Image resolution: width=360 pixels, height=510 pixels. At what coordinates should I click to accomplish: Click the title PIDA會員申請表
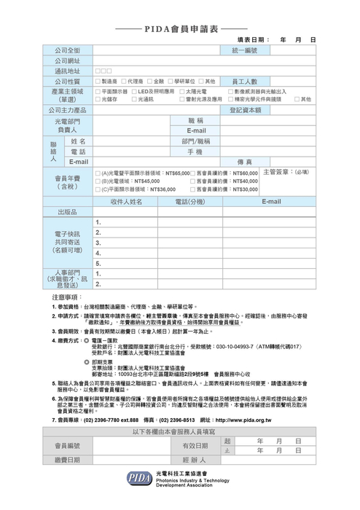[179, 28]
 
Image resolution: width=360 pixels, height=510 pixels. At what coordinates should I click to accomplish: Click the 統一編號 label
[244, 50]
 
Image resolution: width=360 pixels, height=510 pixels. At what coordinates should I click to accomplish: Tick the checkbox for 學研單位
[168, 81]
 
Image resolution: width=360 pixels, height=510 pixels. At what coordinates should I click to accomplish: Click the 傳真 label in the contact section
[244, 161]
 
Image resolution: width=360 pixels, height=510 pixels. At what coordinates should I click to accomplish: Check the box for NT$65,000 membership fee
[98, 173]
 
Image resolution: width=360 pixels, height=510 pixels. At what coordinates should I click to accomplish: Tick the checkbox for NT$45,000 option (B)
[98, 181]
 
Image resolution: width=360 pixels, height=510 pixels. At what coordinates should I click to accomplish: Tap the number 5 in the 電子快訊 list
[98, 263]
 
